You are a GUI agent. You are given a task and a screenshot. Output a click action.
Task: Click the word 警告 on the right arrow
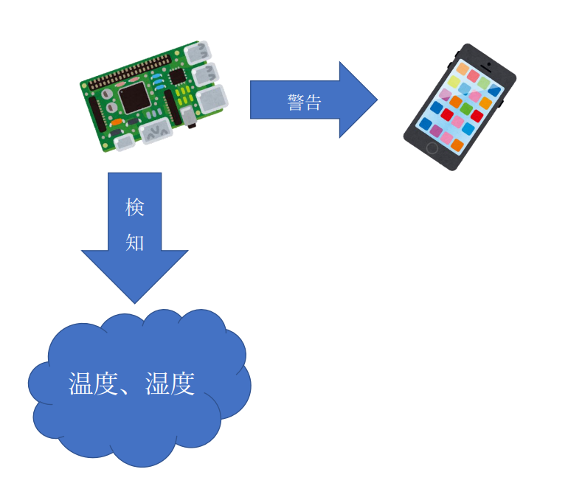304,102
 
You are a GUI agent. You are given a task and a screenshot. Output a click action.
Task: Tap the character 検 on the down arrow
134,208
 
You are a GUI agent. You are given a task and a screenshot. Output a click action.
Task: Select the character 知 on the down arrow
134,242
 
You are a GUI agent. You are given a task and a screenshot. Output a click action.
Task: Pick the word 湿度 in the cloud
170,383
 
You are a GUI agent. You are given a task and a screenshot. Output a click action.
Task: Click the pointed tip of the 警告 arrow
376,100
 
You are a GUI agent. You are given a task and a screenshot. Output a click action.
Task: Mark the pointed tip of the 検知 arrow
134,302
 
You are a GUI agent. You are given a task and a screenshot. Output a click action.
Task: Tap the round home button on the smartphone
432,148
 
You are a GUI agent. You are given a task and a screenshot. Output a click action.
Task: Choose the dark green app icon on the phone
466,108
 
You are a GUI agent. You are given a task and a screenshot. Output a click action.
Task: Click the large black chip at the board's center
134,97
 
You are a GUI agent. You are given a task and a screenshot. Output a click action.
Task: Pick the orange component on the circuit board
118,122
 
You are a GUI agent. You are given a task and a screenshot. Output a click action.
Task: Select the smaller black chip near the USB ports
177,77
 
